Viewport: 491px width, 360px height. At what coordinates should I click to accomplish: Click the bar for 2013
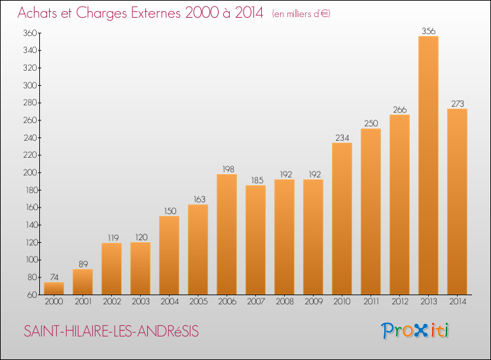point(428,166)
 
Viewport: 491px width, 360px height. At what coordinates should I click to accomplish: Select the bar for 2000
point(54,288)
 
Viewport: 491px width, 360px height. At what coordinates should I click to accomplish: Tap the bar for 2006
point(227,234)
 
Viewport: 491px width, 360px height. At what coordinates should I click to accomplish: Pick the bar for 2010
point(342,219)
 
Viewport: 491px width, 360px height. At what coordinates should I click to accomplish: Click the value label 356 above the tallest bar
point(428,31)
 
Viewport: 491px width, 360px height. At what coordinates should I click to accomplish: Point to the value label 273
point(457,103)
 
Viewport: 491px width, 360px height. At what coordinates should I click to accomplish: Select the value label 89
point(83,264)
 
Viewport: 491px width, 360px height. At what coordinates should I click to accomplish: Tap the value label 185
point(257,180)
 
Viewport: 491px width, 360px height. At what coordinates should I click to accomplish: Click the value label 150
point(170,211)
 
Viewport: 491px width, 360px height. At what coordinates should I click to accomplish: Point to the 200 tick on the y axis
point(30,173)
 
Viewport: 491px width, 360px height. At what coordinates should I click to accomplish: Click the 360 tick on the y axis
point(30,33)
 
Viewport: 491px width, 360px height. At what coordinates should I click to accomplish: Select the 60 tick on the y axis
point(32,295)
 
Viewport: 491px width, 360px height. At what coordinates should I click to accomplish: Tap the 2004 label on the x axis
point(170,302)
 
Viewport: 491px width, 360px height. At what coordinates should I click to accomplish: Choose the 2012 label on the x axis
point(400,302)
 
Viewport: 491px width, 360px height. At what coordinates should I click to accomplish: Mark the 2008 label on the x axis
point(285,302)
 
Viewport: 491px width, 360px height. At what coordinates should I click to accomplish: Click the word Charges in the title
point(101,13)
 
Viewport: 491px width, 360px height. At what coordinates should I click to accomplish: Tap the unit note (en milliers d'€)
point(301,14)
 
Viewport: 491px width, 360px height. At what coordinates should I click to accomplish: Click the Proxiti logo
point(415,331)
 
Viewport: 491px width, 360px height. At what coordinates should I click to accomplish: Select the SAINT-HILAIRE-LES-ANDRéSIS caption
point(111,331)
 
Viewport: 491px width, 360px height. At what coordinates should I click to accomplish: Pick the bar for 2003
point(140,268)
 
